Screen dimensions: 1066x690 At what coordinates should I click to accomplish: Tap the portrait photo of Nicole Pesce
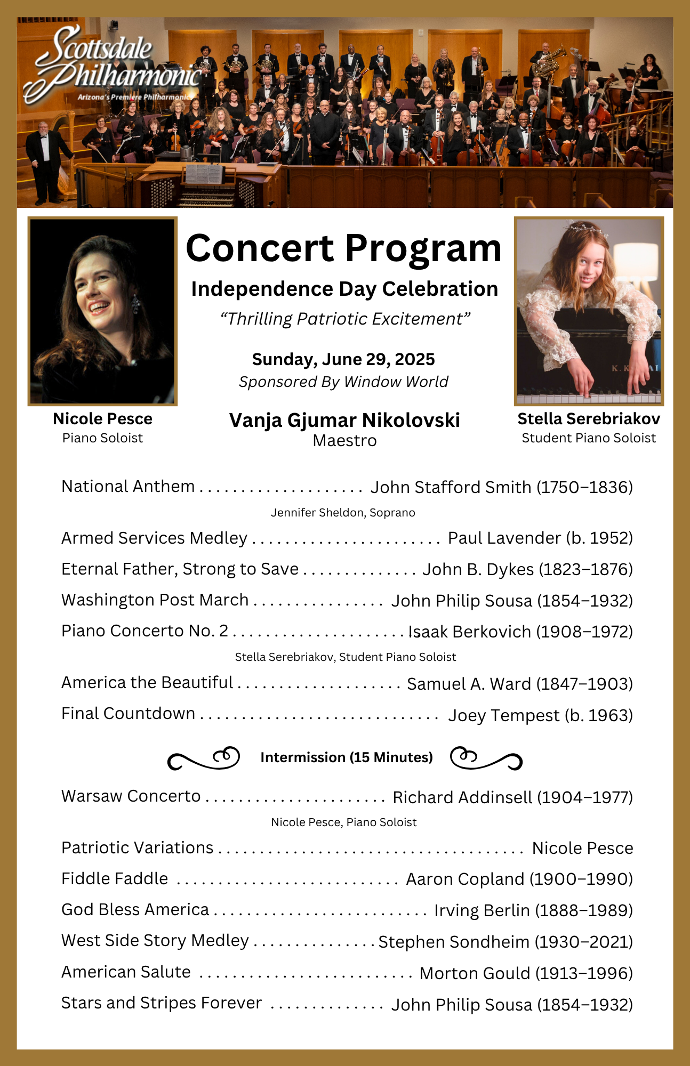[102, 311]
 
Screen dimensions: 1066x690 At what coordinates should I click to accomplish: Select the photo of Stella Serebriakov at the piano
[589, 311]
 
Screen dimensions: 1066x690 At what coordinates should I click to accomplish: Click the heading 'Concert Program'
[344, 248]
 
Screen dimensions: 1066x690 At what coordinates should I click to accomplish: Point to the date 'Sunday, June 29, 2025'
[343, 359]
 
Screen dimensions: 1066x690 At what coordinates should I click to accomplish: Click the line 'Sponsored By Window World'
[343, 382]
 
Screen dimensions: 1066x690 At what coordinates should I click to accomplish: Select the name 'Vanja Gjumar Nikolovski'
[344, 420]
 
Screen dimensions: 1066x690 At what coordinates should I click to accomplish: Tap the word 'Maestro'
[344, 441]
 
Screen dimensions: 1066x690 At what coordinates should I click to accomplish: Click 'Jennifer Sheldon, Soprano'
[343, 512]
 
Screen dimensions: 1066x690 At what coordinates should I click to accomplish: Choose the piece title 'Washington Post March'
[155, 600]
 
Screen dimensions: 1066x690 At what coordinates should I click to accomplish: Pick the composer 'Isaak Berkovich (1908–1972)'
[520, 632]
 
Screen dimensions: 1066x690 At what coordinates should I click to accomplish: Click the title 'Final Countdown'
[129, 713]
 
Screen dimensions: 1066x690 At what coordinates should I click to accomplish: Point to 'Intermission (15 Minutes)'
[347, 757]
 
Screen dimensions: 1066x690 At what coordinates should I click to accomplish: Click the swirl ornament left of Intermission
[204, 758]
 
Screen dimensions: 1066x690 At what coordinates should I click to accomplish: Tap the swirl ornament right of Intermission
[486, 758]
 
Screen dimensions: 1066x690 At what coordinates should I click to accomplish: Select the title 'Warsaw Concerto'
[131, 796]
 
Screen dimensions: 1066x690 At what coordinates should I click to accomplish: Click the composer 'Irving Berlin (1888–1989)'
[533, 910]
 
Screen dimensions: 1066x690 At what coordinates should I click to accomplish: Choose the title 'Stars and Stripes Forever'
[162, 1003]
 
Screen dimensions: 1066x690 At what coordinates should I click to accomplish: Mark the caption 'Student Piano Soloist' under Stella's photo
[589, 438]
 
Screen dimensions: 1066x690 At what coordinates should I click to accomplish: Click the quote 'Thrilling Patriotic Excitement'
[345, 319]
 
